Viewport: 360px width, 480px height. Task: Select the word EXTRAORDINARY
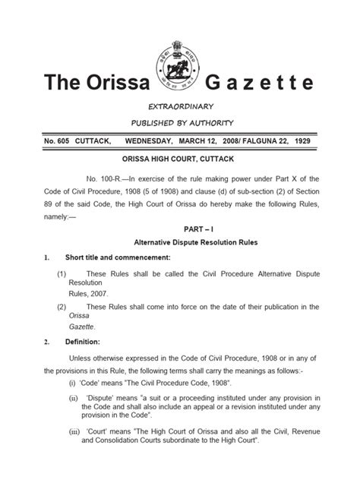pyautogui.click(x=179, y=106)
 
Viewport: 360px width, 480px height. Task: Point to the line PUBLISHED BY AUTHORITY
pyautogui.click(x=179, y=123)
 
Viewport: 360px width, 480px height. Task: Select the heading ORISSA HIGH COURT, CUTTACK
pyautogui.click(x=179, y=162)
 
